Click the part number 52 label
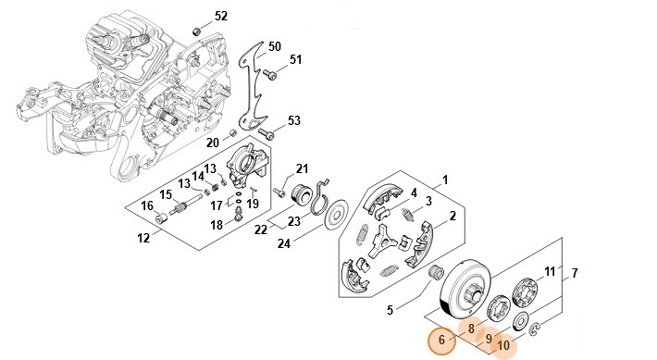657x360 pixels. (221, 17)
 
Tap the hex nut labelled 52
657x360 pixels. (195, 31)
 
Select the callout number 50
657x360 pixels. (275, 46)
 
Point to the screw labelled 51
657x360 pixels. (271, 76)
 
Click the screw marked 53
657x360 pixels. (267, 133)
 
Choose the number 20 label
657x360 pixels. (213, 143)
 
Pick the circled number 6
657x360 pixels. (441, 340)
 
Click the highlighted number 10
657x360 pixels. (503, 345)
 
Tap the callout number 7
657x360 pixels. (575, 273)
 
